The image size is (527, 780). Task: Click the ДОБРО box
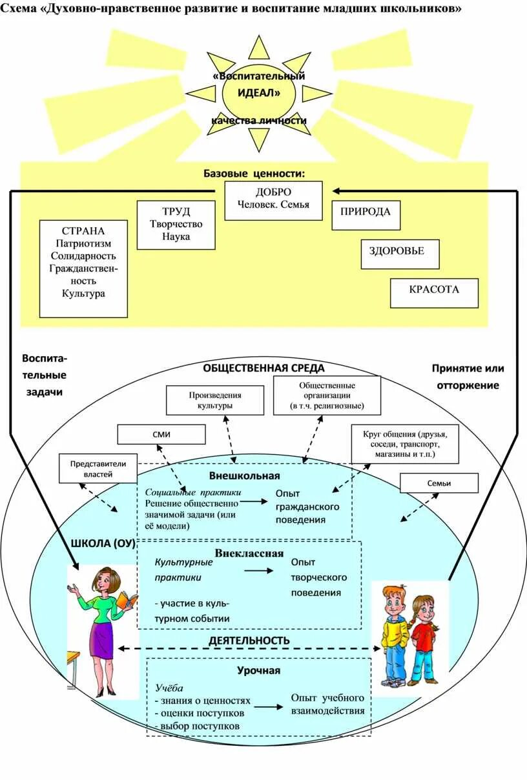[273, 200]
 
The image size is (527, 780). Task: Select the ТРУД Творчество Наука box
[176, 225]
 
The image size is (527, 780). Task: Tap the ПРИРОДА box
[366, 215]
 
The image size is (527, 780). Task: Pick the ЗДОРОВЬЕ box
[400, 254]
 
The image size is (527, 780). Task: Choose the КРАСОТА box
[434, 293]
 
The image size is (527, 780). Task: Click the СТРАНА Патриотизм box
[83, 268]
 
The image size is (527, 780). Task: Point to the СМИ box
[161, 434]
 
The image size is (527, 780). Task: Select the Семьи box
[439, 483]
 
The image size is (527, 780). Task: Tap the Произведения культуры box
[215, 400]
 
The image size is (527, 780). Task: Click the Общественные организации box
[327, 395]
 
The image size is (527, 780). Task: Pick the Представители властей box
[98, 468]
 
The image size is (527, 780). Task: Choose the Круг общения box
[404, 444]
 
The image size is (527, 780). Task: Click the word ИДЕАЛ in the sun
[258, 93]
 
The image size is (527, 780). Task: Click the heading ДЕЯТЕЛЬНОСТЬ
[249, 641]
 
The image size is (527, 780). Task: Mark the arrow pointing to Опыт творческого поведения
[259, 571]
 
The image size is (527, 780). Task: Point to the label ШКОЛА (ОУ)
[103, 543]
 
